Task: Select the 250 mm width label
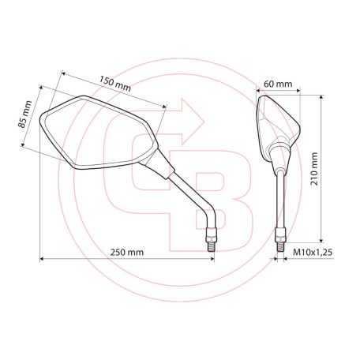126,253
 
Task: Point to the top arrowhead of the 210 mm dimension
321,99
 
